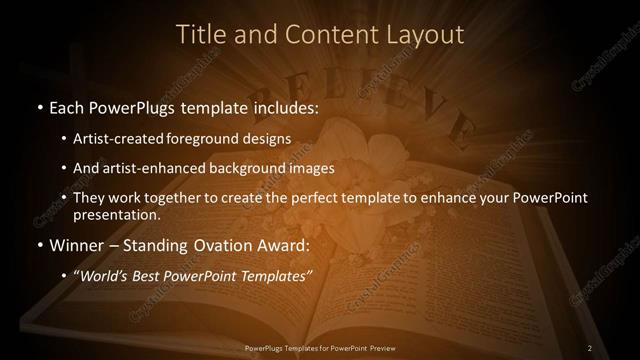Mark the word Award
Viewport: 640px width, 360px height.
click(288, 244)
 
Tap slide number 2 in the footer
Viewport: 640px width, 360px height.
click(590, 348)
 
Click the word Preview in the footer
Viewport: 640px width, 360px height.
click(379, 348)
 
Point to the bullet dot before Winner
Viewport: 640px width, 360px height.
click(39, 245)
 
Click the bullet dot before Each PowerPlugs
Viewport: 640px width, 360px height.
click(39, 105)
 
